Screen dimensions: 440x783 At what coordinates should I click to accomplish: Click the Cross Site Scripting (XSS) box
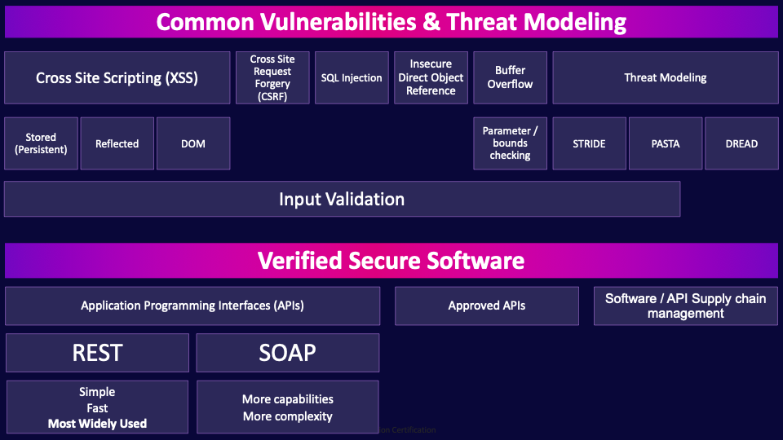[117, 78]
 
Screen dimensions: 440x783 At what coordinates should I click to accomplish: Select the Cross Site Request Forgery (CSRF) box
[272, 78]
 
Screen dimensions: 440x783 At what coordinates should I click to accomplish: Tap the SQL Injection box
[352, 78]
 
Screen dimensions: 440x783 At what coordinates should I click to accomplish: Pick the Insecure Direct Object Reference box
[431, 78]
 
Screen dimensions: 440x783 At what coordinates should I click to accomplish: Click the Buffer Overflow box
[510, 78]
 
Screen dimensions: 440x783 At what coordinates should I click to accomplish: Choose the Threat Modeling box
[665, 78]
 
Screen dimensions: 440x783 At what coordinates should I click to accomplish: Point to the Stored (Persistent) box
[41, 143]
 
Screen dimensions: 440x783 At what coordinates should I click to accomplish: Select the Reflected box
[117, 143]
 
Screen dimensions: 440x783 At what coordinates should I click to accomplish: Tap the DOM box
[193, 143]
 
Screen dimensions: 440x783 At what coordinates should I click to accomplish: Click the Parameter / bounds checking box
[510, 143]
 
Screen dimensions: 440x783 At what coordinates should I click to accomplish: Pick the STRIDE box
[589, 143]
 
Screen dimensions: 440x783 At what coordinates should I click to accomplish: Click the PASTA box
[665, 143]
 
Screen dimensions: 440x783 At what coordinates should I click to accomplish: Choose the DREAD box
[741, 143]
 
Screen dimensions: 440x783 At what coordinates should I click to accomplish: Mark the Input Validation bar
[342, 199]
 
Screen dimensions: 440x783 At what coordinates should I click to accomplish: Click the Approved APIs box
[487, 306]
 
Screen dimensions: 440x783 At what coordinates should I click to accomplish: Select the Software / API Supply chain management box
[685, 306]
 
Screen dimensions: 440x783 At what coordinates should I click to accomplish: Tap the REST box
[97, 353]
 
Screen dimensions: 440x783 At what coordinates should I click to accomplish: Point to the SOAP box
[287, 353]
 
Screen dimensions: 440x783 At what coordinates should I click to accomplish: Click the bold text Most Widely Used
[97, 424]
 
